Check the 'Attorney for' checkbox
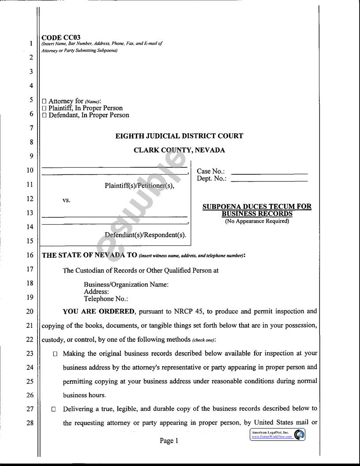(x=44, y=101)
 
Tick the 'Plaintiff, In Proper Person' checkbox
(x=44, y=108)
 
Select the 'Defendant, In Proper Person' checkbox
(x=44, y=115)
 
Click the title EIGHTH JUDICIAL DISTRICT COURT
(x=179, y=136)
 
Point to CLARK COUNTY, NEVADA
(x=179, y=150)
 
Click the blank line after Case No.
(x=269, y=173)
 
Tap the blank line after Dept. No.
(x=269, y=180)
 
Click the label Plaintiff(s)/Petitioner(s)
(x=139, y=186)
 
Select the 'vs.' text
(x=67, y=200)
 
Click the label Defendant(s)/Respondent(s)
(x=145, y=235)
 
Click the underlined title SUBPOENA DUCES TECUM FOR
(x=257, y=207)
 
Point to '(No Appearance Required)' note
(x=257, y=221)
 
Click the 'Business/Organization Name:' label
(x=126, y=285)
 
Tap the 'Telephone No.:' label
(x=106, y=299)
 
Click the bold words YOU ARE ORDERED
(x=99, y=312)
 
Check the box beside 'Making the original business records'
(x=55, y=353)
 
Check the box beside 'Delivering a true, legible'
(x=53, y=409)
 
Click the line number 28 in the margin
(x=30, y=423)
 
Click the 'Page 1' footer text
(x=169, y=440)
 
